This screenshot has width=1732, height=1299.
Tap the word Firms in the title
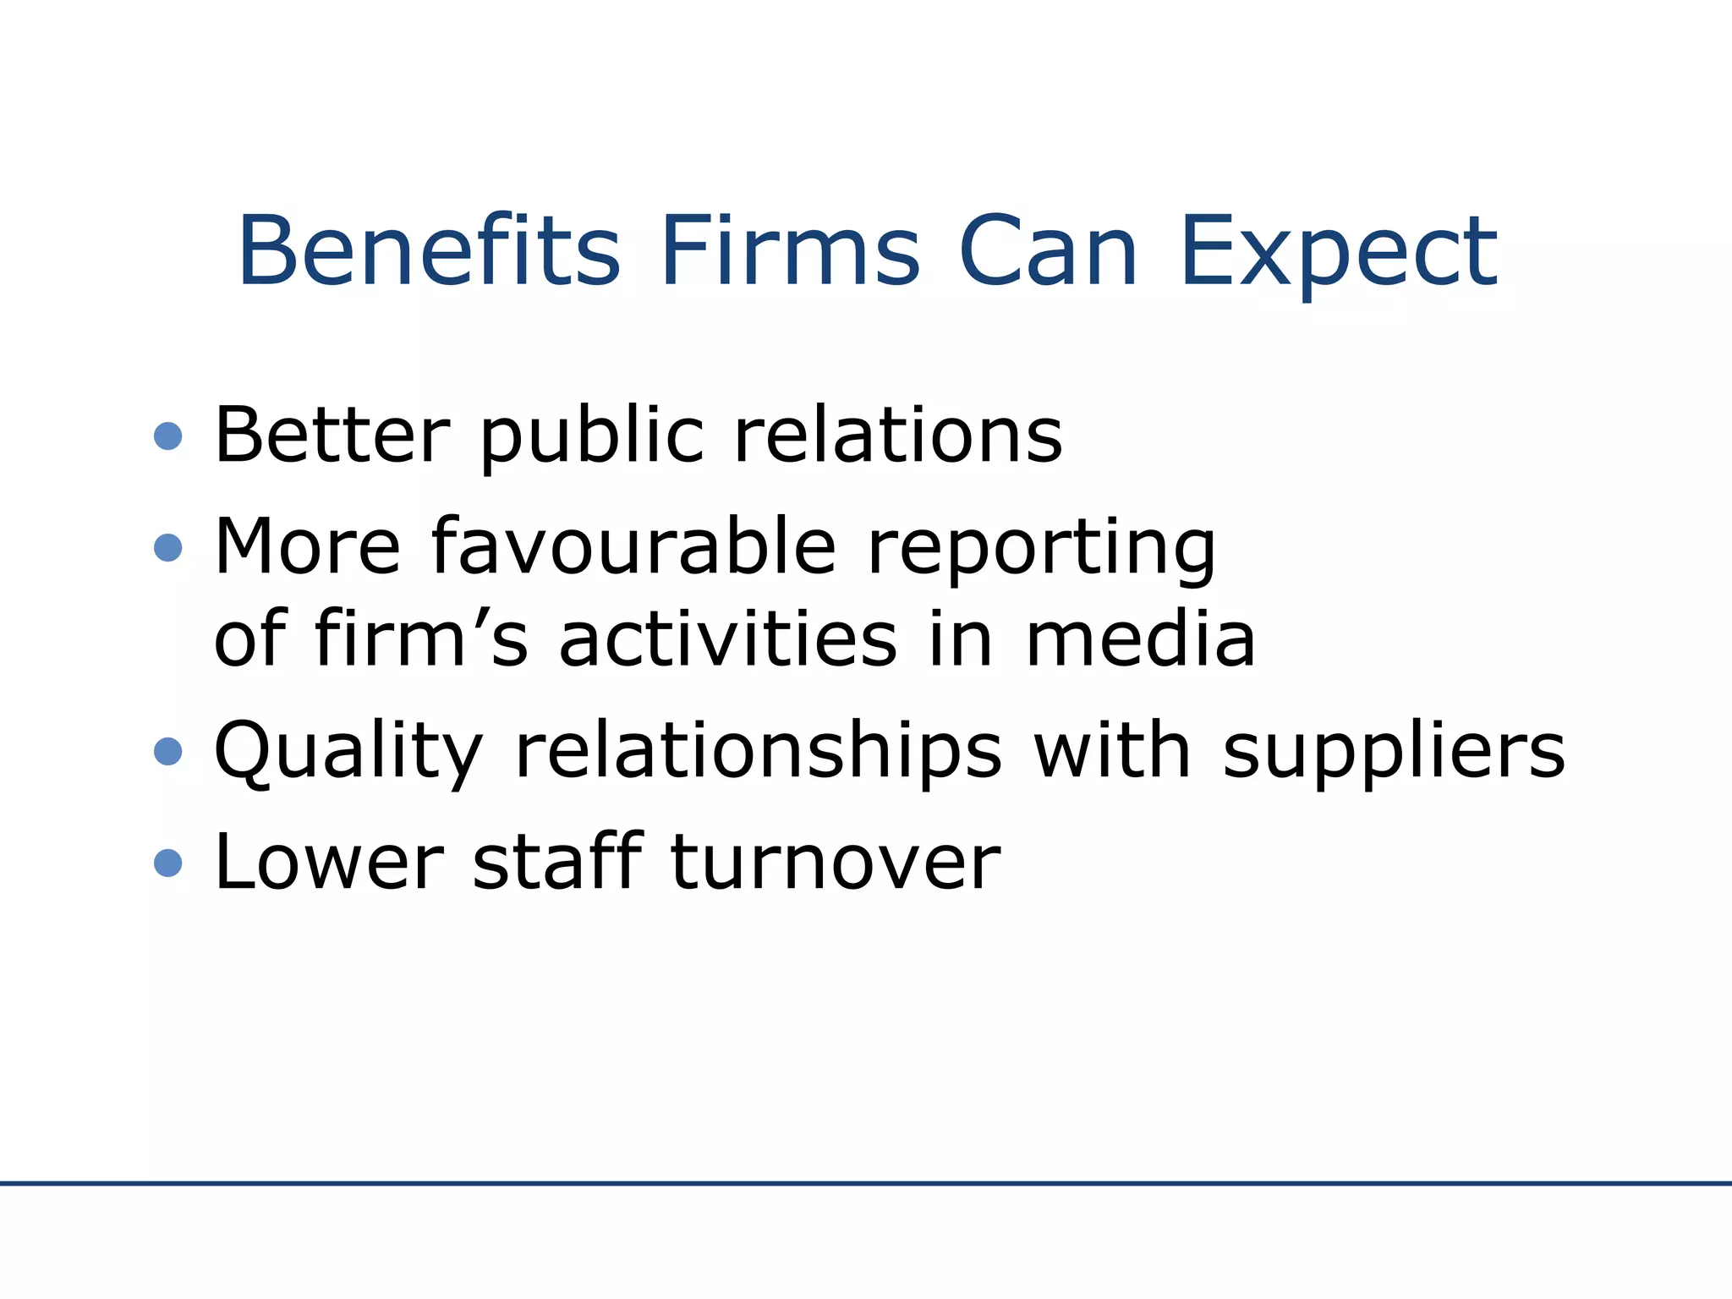point(790,251)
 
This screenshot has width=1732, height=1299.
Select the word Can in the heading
point(1048,251)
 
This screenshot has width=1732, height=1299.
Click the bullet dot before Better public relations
point(168,436)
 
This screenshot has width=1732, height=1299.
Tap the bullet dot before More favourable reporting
point(168,548)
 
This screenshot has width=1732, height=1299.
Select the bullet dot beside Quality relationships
point(168,751)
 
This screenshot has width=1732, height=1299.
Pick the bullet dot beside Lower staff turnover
point(168,863)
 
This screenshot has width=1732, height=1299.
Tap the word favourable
point(633,546)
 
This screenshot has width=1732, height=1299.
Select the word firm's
point(421,638)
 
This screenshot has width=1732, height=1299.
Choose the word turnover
point(836,863)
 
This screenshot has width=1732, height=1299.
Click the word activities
point(728,639)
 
